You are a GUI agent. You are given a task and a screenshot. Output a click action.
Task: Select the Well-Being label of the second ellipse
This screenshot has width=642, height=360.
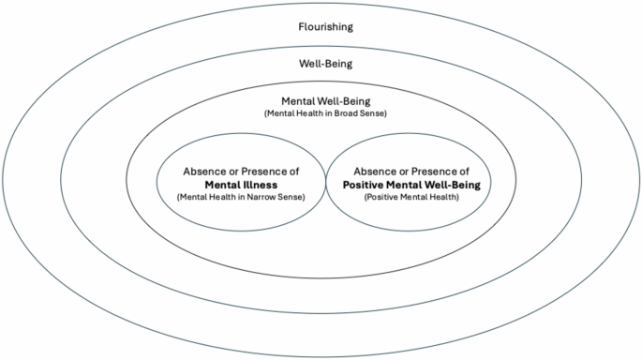point(321,64)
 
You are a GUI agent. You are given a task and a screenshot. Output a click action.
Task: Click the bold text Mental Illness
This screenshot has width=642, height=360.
point(241,185)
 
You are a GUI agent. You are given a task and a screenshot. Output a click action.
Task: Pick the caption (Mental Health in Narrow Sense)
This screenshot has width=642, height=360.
point(241,198)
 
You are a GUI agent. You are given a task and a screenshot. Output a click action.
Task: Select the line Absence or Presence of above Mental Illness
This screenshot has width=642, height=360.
point(241,172)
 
